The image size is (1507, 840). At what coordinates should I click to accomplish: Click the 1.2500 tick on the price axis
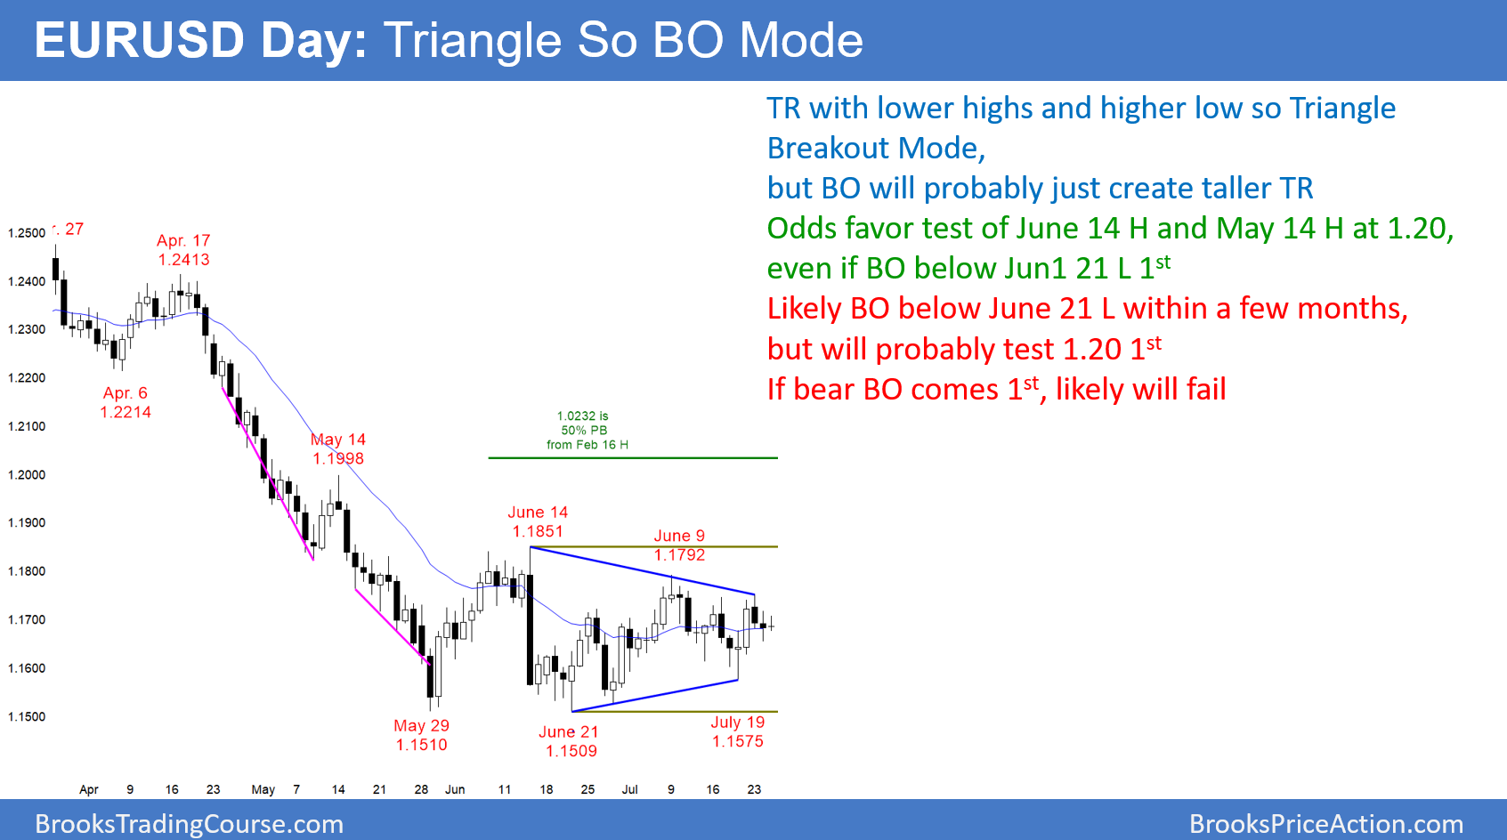coord(26,233)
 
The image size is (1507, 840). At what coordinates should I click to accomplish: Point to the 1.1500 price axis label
coord(26,717)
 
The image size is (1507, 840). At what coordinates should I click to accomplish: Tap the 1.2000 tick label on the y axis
coord(26,475)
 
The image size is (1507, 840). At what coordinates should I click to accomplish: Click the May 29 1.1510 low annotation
coord(422,736)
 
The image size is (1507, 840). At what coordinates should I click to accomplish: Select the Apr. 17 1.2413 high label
coord(183,250)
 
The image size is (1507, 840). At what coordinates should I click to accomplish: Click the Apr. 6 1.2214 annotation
coord(126,402)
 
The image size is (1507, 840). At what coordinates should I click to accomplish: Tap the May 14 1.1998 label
coord(338,449)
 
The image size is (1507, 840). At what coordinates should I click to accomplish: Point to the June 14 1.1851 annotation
coord(538,522)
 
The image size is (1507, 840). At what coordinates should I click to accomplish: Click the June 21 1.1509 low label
coord(570,741)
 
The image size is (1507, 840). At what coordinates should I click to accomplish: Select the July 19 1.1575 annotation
coord(738,731)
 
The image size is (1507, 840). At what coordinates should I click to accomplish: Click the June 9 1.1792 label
coord(679,545)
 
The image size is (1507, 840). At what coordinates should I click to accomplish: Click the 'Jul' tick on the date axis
coord(629,789)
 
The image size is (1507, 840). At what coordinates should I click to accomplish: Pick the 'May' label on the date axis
coord(263,789)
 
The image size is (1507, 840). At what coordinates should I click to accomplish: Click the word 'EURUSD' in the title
coord(139,41)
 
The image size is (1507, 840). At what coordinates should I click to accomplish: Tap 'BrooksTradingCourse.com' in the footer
coord(189,824)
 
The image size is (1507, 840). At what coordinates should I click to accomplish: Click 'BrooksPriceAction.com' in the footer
coord(1326,824)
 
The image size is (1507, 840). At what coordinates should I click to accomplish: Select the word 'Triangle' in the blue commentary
coord(1342,109)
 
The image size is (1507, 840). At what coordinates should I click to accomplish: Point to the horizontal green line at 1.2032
coord(633,458)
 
